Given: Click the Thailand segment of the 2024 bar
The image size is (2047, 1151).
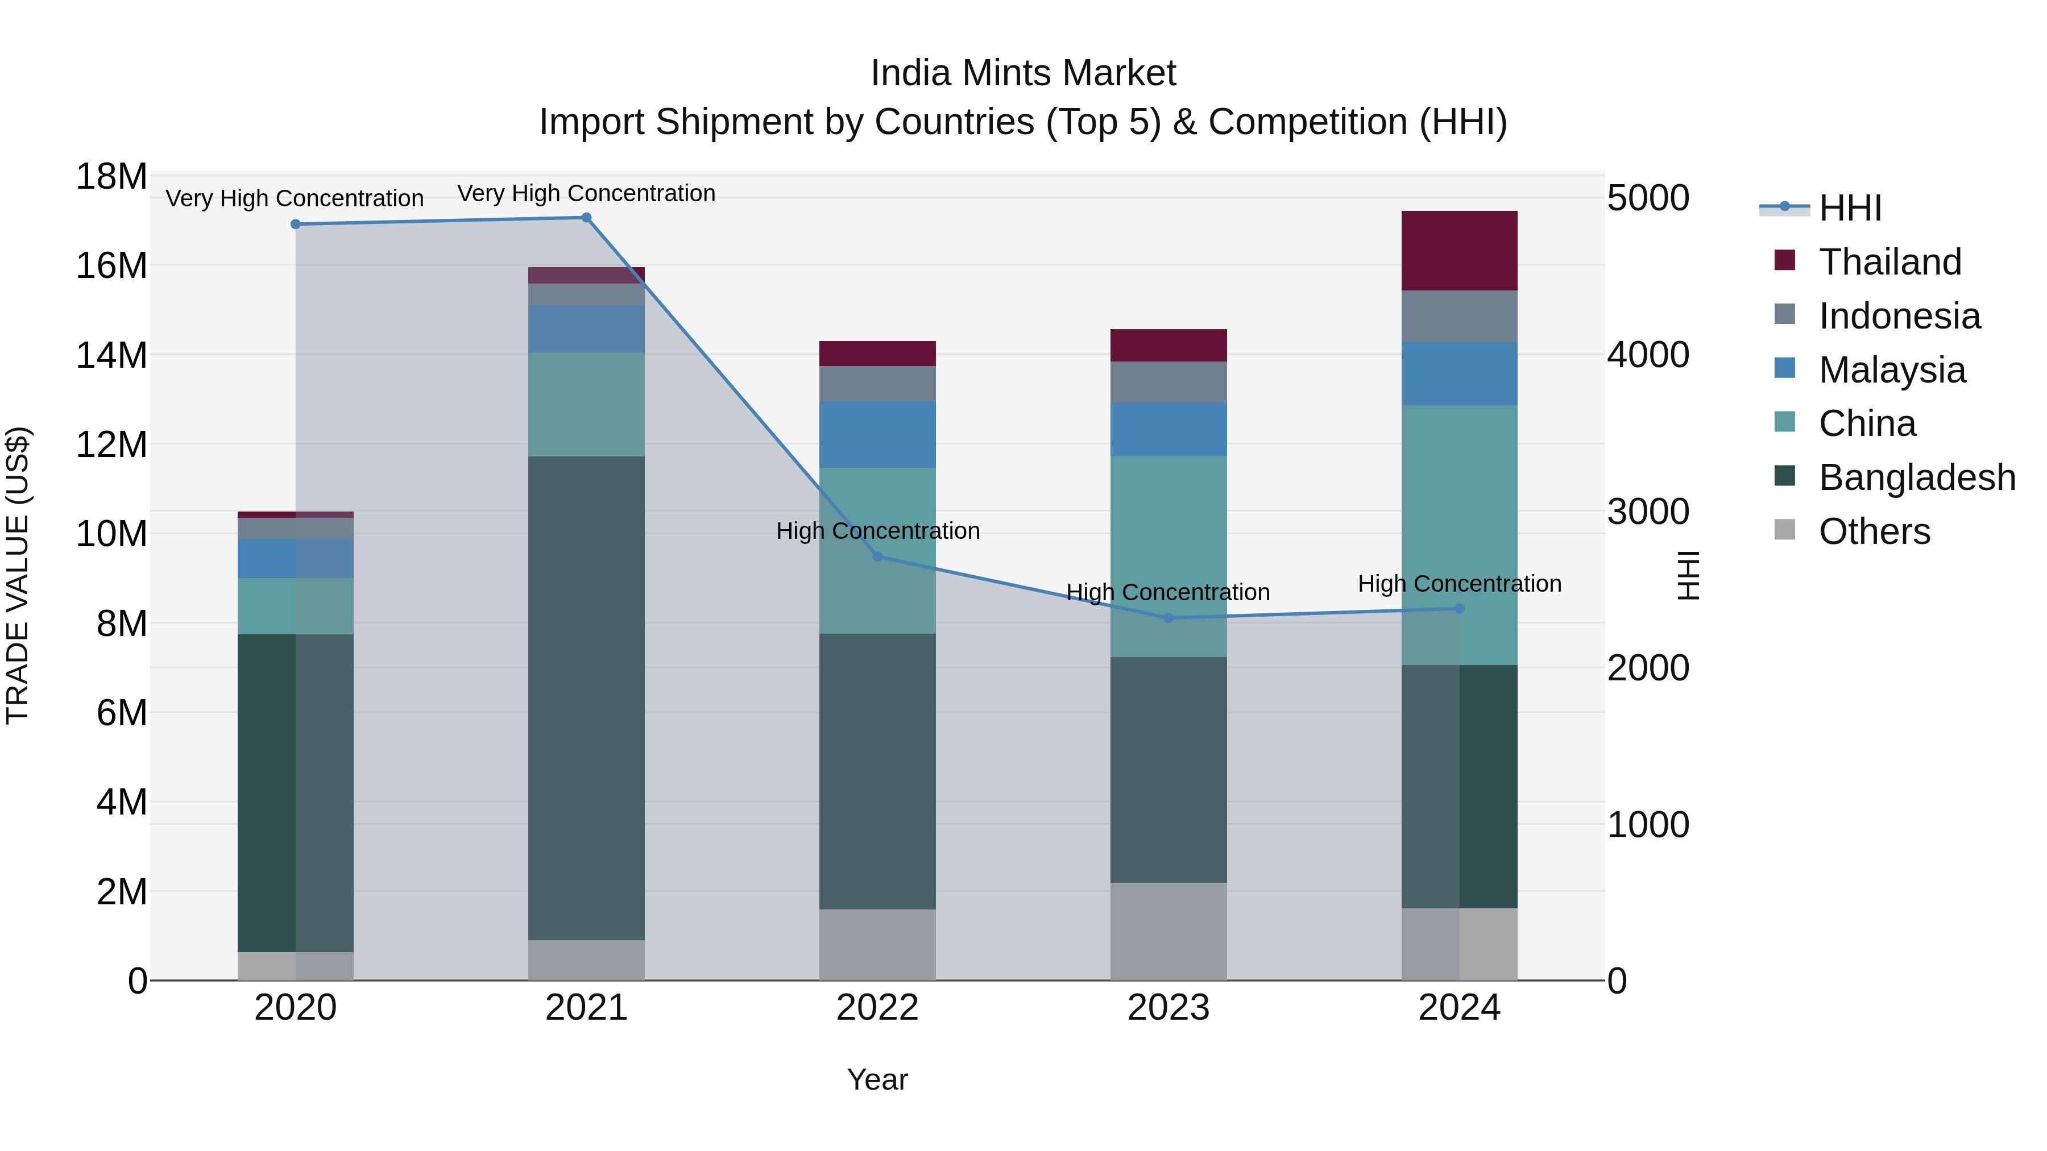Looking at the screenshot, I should pos(1459,250).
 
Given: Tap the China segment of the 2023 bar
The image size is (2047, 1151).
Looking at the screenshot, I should pos(1168,556).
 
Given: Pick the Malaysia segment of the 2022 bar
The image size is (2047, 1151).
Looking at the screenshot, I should pos(877,434).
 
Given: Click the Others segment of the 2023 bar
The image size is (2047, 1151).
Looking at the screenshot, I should pos(1168,931).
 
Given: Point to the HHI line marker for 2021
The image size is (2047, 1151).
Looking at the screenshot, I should pos(586,218).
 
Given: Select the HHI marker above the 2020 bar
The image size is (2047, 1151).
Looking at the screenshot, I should pos(296,225).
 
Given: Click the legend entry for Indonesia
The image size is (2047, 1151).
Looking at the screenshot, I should pos(1899,316).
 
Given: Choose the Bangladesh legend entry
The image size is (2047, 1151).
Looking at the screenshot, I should pos(1917,477).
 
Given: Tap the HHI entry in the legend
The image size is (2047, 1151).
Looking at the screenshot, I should pos(1850,208).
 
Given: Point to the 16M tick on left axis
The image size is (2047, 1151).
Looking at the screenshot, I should pos(111,265).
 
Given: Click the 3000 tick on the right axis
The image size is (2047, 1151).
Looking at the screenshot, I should pos(1647,512).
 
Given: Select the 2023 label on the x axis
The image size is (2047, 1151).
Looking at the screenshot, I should pos(1168,1008).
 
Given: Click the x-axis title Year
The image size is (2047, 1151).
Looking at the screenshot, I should pos(877,1079).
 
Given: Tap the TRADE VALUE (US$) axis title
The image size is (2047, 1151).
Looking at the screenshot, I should pos(18,575).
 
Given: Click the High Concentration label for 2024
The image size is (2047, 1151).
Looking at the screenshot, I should pos(1459,584).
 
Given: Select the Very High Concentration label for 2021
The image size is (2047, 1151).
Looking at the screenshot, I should pos(586,193).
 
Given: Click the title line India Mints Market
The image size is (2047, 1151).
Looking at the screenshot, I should pos(1023,73).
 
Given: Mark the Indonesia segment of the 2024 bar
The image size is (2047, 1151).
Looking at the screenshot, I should pos(1459,316).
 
